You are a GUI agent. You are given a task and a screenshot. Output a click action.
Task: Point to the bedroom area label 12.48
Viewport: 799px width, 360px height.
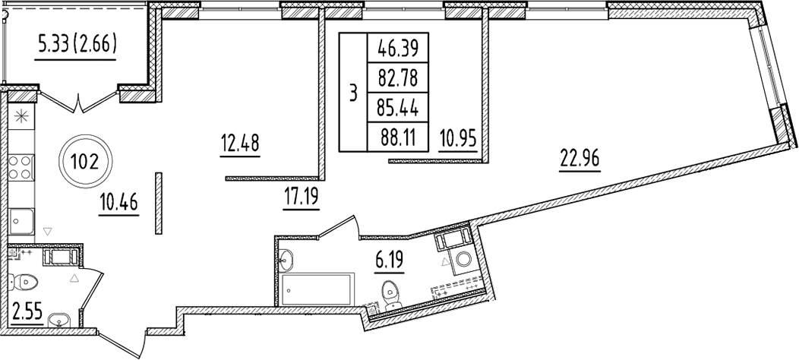point(240,142)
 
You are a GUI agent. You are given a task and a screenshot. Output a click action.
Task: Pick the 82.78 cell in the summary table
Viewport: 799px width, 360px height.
point(398,77)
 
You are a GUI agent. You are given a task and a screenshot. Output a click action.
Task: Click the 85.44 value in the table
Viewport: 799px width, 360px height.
point(398,106)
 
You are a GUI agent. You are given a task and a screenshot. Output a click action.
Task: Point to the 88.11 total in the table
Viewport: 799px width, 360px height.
point(398,134)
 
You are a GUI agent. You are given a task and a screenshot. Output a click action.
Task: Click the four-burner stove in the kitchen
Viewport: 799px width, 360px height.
point(21,166)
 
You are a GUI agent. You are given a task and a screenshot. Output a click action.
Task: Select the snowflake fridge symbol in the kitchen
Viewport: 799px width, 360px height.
point(21,118)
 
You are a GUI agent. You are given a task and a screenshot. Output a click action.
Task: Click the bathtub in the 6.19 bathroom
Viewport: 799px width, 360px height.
point(316,289)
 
